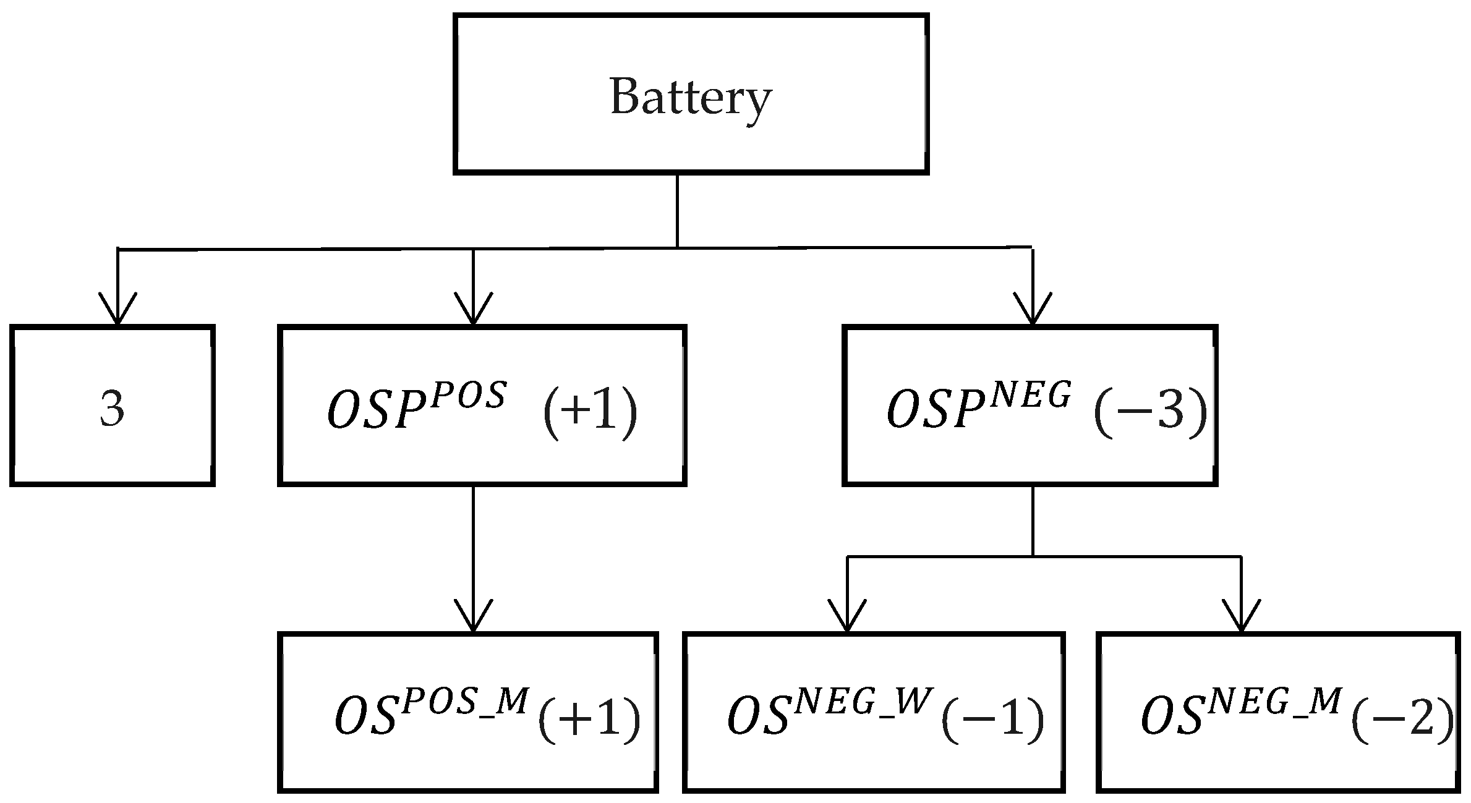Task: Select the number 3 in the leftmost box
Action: coord(112,409)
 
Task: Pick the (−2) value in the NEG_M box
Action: coord(1401,718)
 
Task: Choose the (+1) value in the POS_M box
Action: coord(589,718)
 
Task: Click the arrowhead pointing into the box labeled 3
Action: coord(117,309)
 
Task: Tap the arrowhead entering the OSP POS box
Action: coord(473,309)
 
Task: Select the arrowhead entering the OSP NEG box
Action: coord(1033,309)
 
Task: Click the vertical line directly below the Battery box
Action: coord(677,210)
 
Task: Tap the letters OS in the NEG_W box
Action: coord(757,718)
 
